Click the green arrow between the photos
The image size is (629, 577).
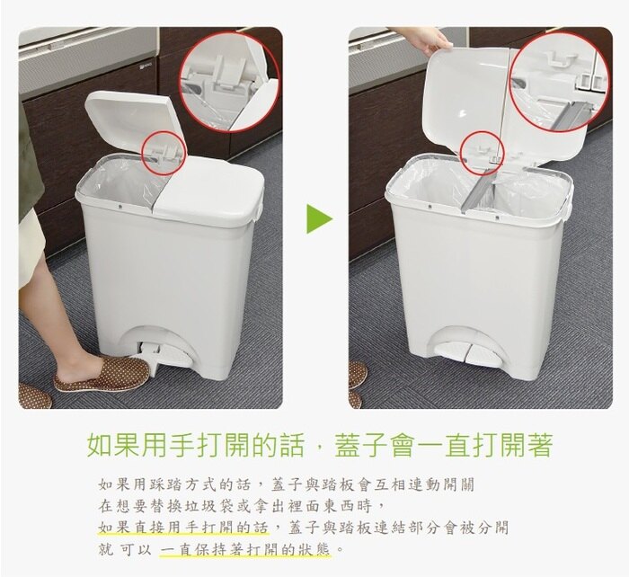point(319,218)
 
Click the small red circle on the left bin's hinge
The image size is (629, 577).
point(164,153)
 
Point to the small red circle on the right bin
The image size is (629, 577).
point(482,154)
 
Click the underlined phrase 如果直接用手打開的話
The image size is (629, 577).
point(183,528)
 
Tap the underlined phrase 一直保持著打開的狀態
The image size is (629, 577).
point(245,549)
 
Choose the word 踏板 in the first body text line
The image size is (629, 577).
point(336,484)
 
